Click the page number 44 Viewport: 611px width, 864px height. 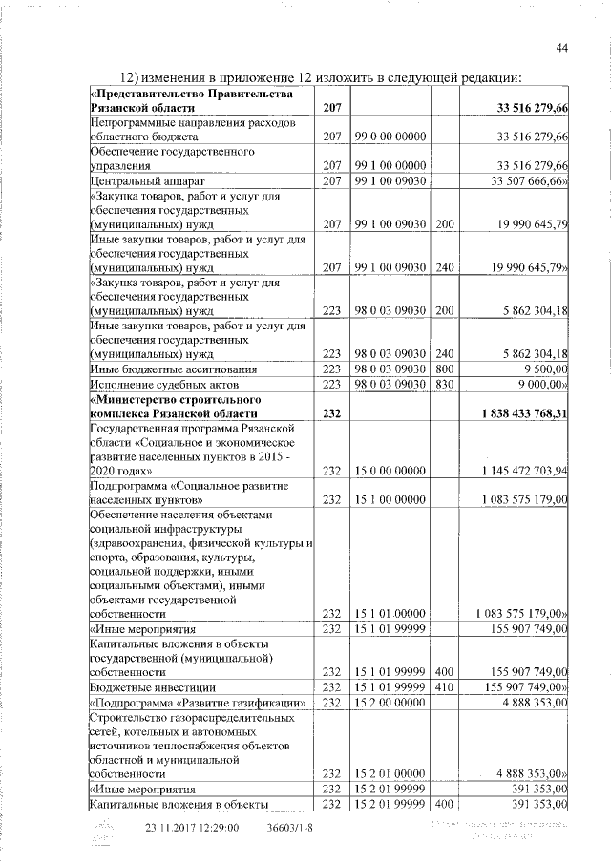coord(562,49)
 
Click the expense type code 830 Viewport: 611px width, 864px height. coord(444,384)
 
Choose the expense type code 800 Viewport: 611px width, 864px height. coord(444,369)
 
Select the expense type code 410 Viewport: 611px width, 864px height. coord(444,687)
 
